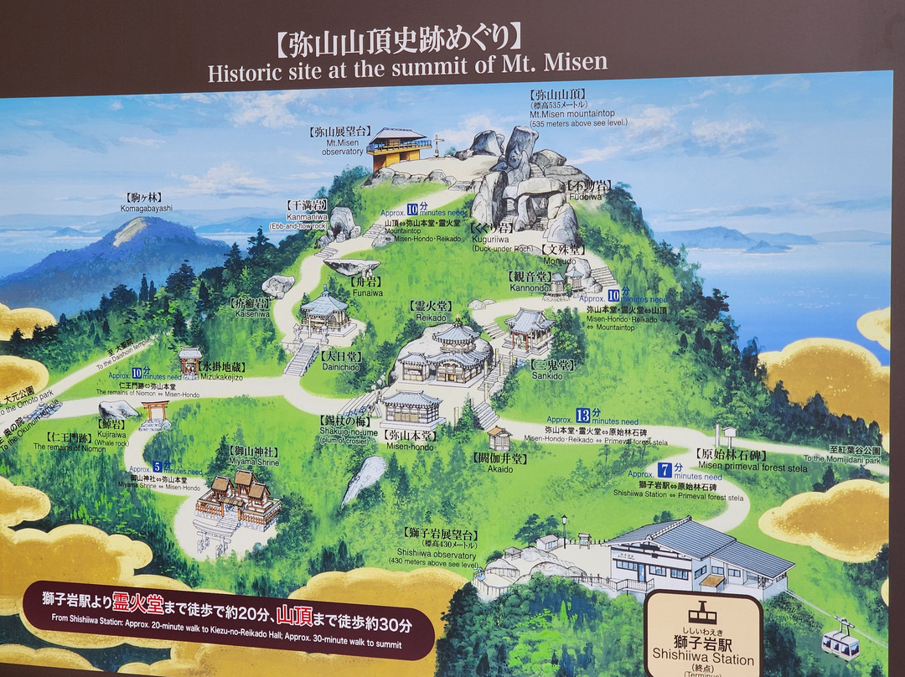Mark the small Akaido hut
(x=499, y=438)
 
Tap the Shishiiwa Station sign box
(x=704, y=633)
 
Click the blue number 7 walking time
(x=665, y=469)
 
